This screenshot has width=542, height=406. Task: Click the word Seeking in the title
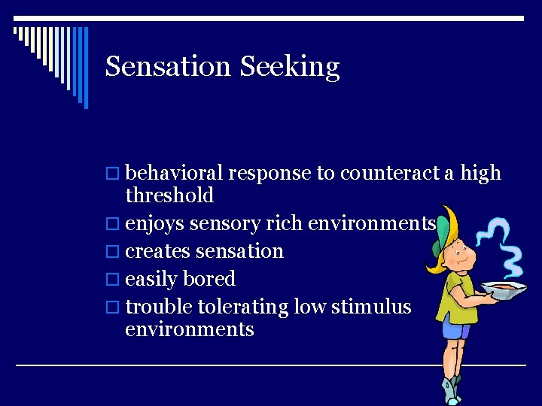[x=290, y=68]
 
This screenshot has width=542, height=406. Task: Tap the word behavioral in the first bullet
[x=174, y=173]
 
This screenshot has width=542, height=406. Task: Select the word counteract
[x=389, y=174]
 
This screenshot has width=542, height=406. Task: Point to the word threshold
[x=169, y=195]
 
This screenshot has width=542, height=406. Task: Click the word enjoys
[x=155, y=224]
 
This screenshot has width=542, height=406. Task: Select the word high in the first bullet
[x=481, y=174]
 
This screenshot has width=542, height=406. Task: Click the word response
[x=269, y=174]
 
